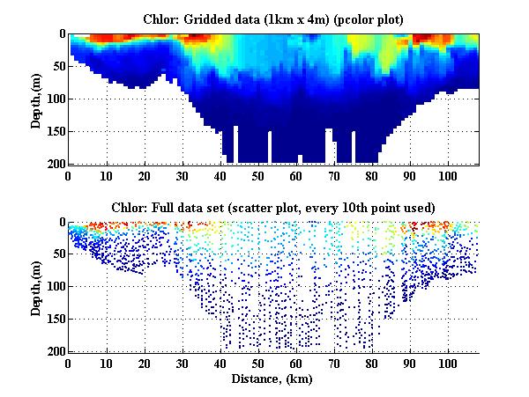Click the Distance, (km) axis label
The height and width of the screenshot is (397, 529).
(273, 379)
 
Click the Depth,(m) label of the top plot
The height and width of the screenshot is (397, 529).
(37, 99)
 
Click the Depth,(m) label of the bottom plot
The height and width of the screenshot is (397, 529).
(37, 288)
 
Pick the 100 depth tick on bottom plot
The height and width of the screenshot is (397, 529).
(55, 287)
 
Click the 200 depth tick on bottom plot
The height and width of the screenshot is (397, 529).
(55, 352)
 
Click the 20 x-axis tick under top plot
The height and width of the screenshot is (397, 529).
(145, 175)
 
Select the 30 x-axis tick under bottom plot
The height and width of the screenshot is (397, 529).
(183, 364)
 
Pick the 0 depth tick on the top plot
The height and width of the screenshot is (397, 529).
(61, 34)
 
